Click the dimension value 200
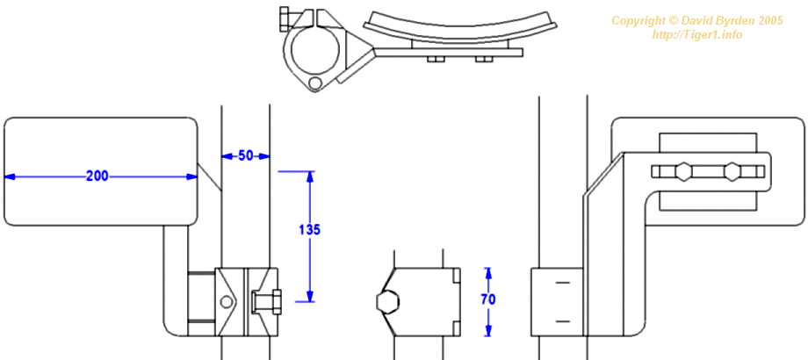click(x=97, y=176)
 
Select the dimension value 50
click(x=246, y=155)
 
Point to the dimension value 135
click(x=310, y=230)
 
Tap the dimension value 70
click(x=488, y=299)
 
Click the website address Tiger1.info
click(x=697, y=35)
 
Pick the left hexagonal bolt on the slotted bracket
click(x=682, y=171)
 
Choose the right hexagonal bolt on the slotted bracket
click(x=732, y=171)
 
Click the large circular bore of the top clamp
click(x=314, y=50)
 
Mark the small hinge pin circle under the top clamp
click(x=314, y=83)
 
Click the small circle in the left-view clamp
click(x=226, y=302)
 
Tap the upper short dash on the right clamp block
click(x=563, y=283)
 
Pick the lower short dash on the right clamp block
click(x=563, y=321)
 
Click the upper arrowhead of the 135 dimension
click(x=310, y=176)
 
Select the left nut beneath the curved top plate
click(x=436, y=59)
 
